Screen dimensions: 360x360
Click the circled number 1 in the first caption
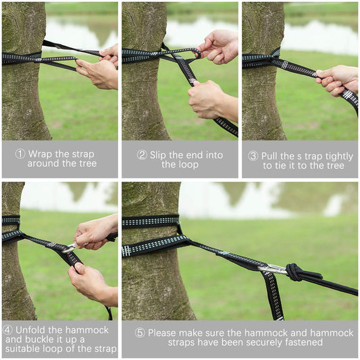(x=20, y=154)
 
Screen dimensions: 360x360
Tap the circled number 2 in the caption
(x=142, y=155)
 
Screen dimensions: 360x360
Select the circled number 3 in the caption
(x=253, y=156)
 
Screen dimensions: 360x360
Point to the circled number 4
(x=7, y=330)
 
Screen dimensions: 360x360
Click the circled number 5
(x=140, y=333)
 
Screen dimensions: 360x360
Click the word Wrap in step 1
(x=39, y=154)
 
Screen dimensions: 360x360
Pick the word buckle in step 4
(x=42, y=339)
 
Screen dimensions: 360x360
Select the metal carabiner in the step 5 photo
(x=272, y=268)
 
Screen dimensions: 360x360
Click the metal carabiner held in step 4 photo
(x=71, y=248)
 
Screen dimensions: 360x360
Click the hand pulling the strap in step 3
(x=336, y=80)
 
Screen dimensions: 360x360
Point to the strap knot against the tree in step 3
(x=275, y=59)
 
